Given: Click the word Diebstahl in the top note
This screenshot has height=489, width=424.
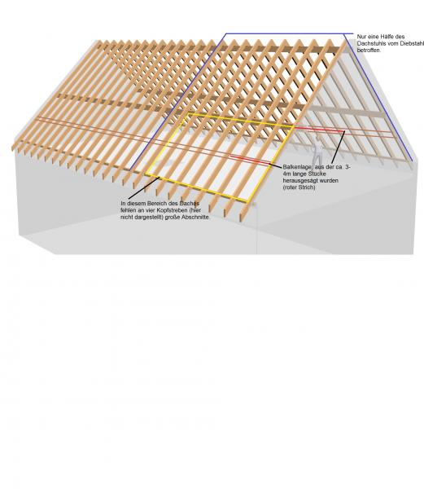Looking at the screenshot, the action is click(x=412, y=43).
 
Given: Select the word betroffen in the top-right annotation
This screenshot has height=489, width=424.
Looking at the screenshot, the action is click(x=369, y=51).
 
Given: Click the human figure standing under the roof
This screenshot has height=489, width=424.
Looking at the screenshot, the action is click(x=317, y=150).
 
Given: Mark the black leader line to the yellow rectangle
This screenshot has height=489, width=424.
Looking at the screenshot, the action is click(x=143, y=188).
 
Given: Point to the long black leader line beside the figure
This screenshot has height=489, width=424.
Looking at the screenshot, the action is click(x=339, y=147).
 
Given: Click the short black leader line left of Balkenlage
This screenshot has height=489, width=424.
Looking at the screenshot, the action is click(x=276, y=165).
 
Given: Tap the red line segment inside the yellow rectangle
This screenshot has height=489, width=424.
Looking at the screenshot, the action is click(x=250, y=160).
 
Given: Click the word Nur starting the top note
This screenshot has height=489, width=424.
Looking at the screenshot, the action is click(x=361, y=37).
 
